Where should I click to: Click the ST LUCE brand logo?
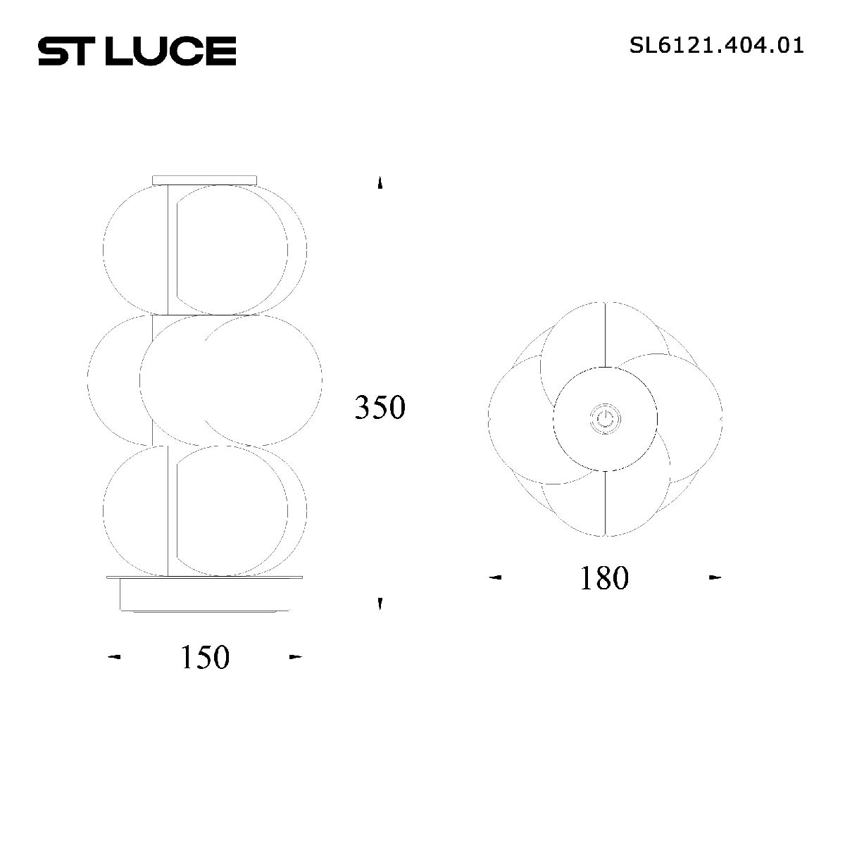137,51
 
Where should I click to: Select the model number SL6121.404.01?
716,46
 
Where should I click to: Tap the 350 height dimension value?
380,408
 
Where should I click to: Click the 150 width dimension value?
205,658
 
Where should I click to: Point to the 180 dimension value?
603,578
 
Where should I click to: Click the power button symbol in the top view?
605,420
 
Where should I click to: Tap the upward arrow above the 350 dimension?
380,183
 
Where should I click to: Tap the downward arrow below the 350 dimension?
380,603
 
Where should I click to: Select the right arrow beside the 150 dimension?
296,658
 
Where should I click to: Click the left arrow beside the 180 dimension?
496,578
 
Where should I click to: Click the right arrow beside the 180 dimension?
715,578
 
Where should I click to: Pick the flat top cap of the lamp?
205,180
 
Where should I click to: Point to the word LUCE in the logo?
170,51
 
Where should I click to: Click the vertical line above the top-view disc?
606,334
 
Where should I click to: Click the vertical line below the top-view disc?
606,503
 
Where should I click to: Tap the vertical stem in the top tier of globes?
168,250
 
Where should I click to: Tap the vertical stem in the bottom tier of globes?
168,511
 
